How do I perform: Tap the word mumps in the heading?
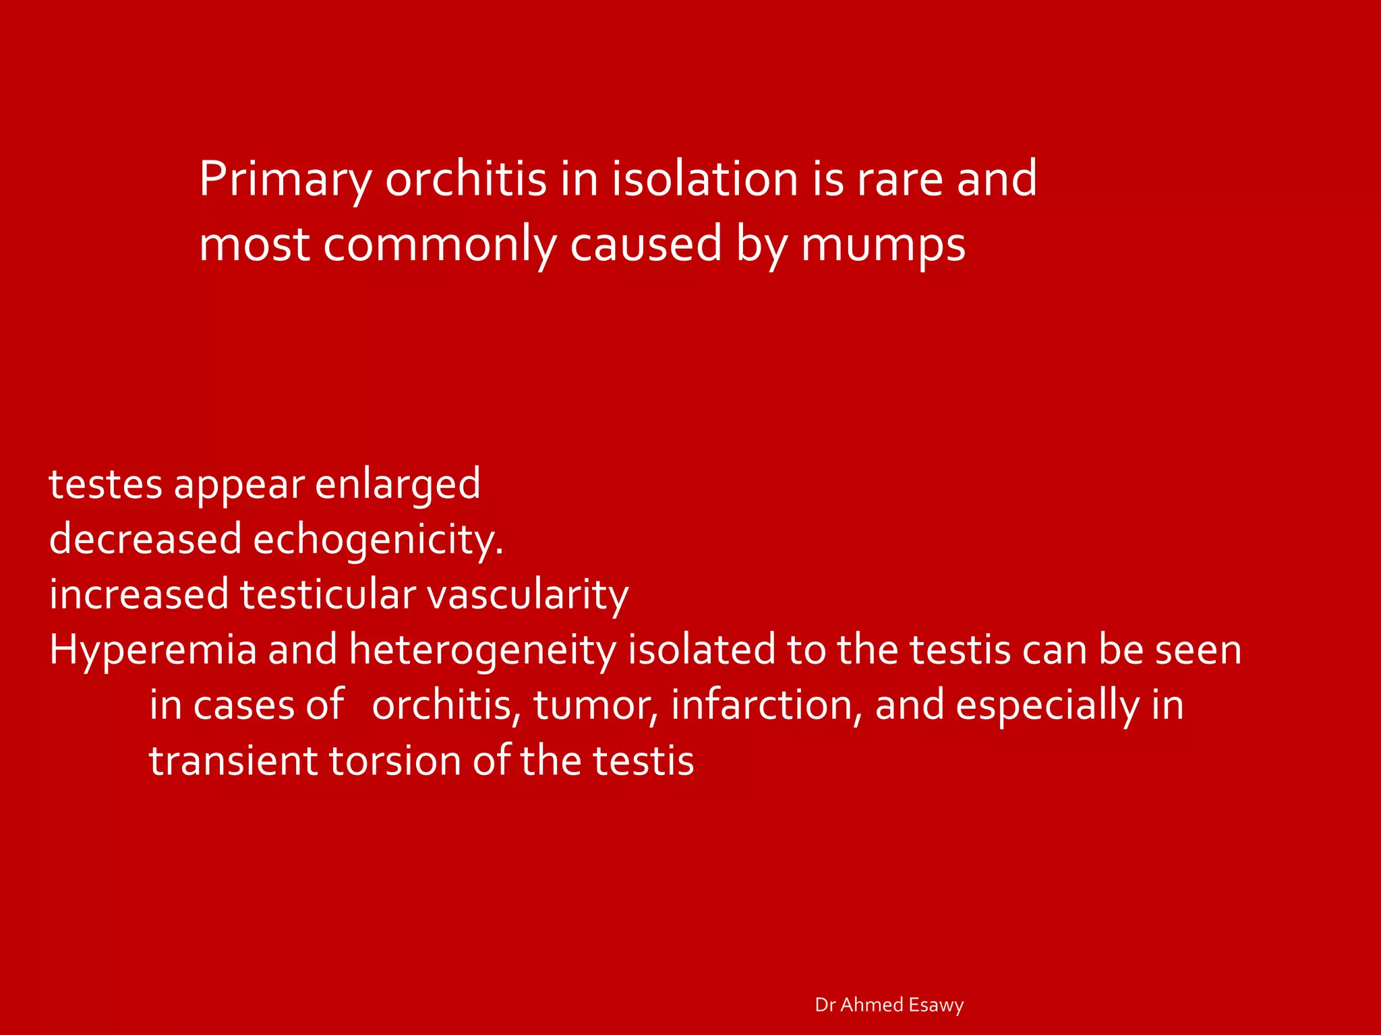click(x=883, y=245)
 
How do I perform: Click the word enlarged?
click(x=398, y=485)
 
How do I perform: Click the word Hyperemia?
click(x=153, y=651)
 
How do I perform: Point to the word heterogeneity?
click(x=483, y=651)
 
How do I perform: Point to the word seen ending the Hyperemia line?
click(x=1198, y=651)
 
